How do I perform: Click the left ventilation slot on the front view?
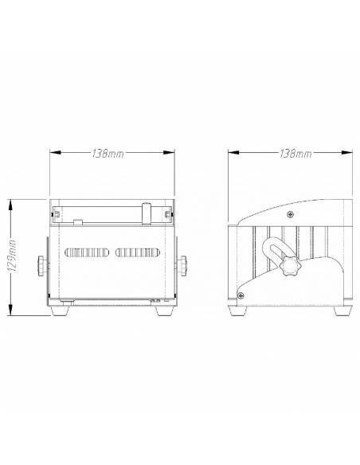point(87,252)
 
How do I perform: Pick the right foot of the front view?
point(166,311)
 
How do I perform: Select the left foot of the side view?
point(237,311)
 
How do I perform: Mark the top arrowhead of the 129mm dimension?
point(10,201)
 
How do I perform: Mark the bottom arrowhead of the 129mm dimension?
point(10,315)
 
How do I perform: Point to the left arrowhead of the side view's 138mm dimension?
point(229,153)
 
